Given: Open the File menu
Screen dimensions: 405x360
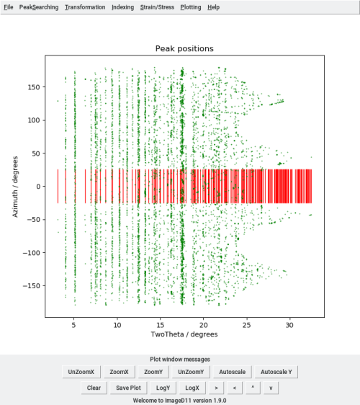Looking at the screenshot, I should coord(9,6).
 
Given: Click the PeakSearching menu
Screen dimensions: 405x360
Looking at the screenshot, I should coord(38,6).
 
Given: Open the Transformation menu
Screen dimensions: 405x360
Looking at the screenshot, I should coord(84,6).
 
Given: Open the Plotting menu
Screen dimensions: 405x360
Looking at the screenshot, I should coord(191,6).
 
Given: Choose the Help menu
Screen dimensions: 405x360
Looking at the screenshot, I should coord(213,6).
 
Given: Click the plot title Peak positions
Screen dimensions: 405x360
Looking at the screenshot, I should coord(184,49).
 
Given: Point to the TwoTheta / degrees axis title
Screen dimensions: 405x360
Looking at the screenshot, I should coord(184,334).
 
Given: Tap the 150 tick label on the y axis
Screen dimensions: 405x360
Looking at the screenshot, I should coord(32,86).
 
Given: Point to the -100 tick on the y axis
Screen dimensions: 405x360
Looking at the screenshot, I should coord(30,253).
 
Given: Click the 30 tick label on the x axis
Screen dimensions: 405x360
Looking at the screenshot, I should coord(290,324).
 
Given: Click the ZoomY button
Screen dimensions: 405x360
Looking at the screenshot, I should coord(153,372).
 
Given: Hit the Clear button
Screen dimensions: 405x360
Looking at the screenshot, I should coord(94,388).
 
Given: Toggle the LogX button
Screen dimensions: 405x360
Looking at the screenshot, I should coord(192,388).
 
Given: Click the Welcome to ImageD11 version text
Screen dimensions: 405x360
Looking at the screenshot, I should coord(180,400).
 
